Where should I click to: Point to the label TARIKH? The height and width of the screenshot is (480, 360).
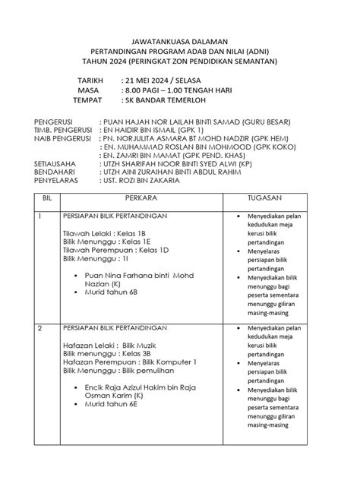point(91,80)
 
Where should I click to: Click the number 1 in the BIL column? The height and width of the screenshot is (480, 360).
point(40,216)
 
